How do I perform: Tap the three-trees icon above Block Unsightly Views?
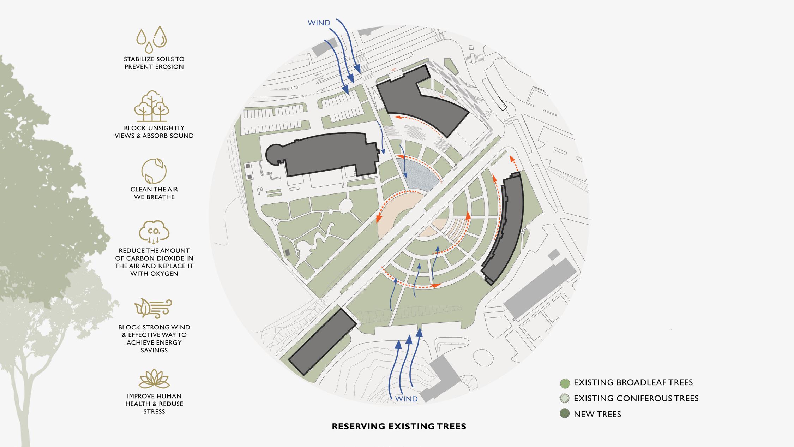tap(152, 106)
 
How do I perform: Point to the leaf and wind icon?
tap(153, 308)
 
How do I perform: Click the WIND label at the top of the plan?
tap(319, 23)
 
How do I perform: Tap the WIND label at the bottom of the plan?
tap(406, 399)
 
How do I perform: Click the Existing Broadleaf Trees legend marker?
tap(565, 383)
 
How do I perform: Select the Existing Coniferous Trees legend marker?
tap(565, 399)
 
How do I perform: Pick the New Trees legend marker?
tap(565, 414)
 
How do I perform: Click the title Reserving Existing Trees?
tap(399, 427)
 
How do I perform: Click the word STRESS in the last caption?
tap(154, 412)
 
